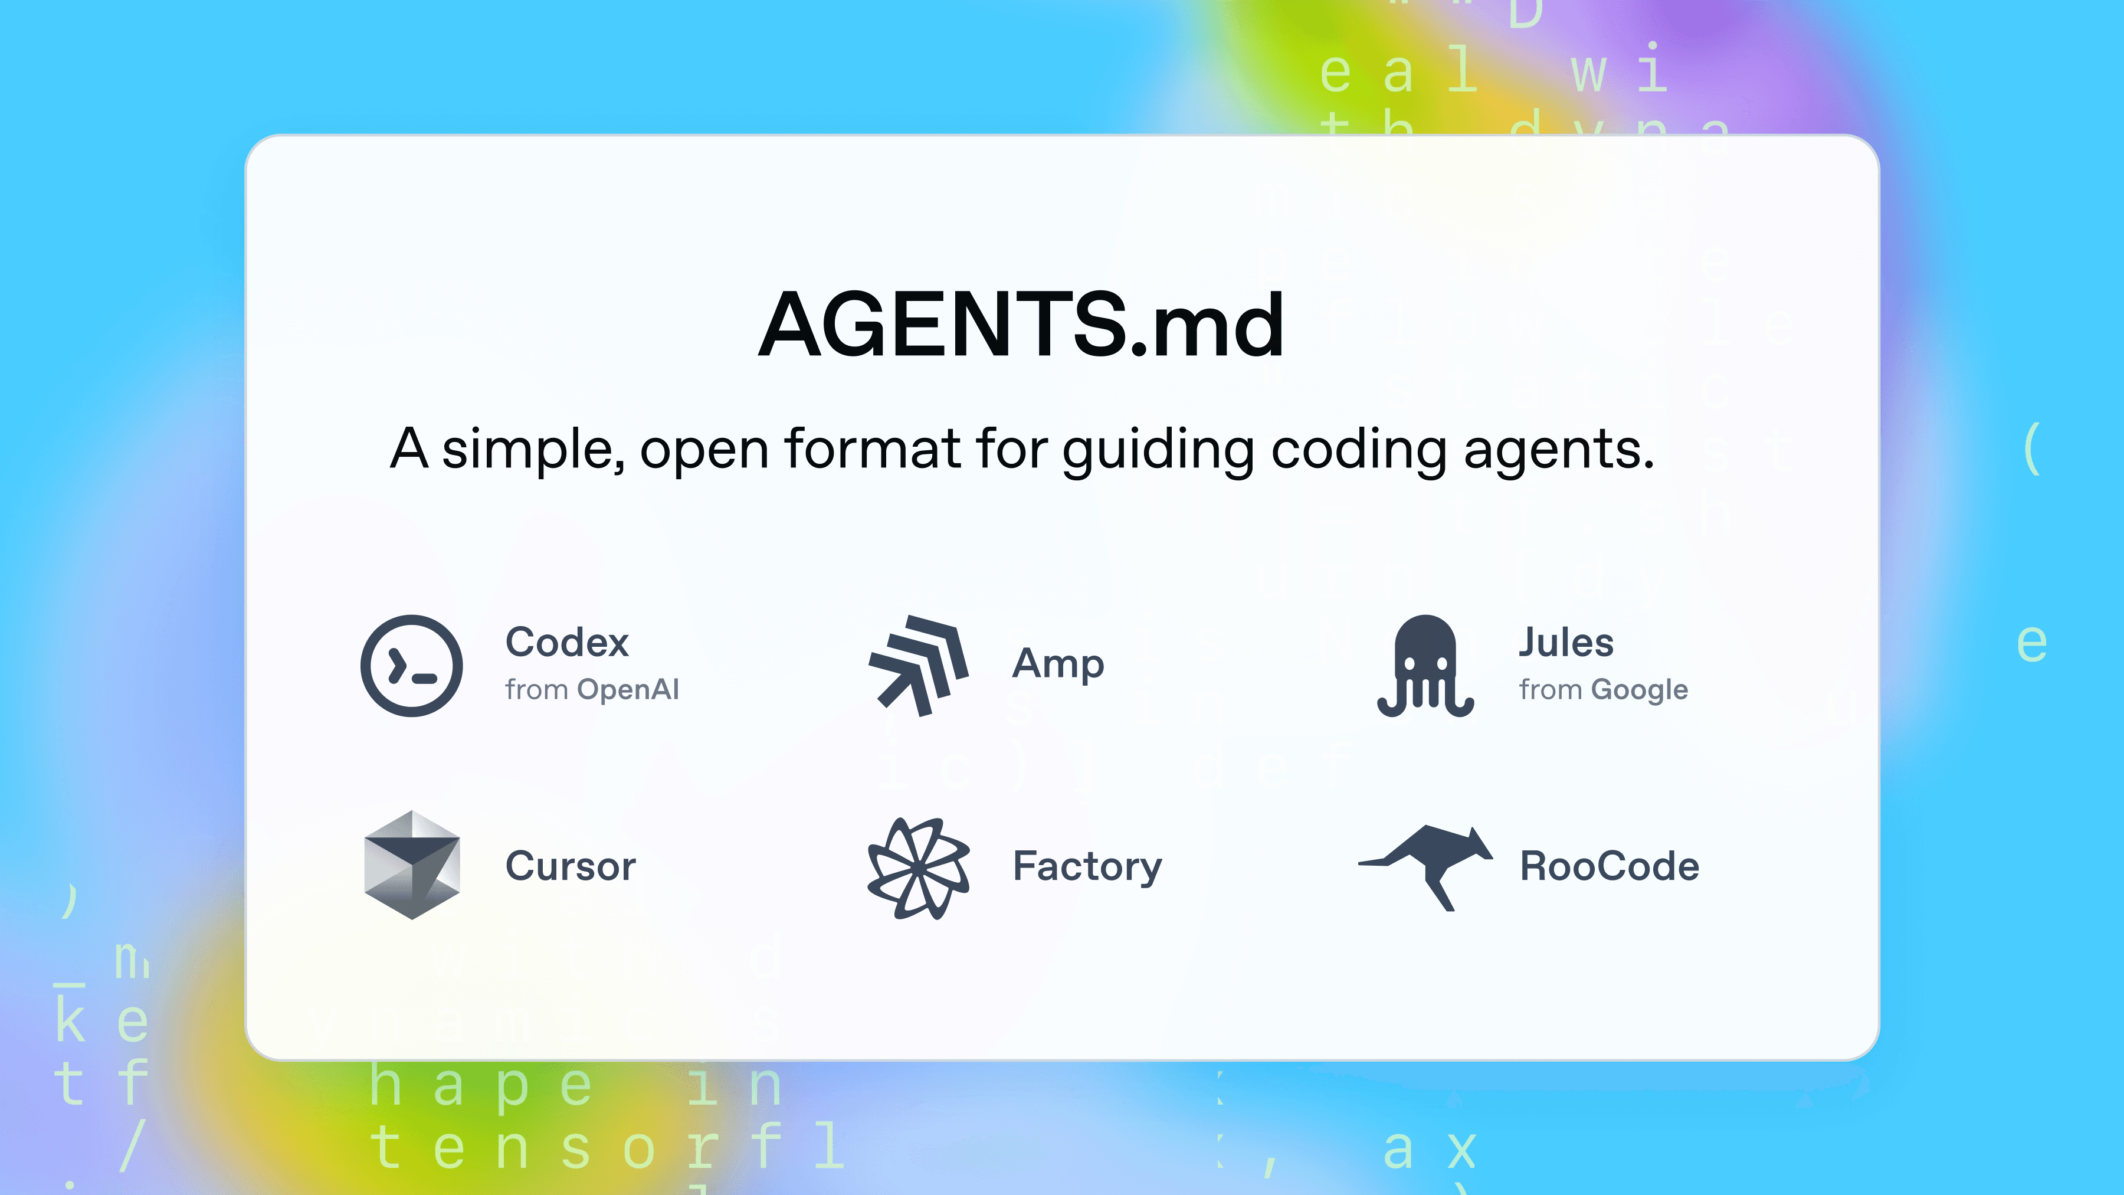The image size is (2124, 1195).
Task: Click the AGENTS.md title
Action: coord(1021,326)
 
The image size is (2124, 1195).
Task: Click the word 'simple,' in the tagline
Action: coord(532,450)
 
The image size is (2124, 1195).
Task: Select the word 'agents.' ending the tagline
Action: coord(1558,450)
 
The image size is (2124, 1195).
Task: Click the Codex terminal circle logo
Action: coord(411,666)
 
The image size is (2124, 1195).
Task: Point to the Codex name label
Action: coord(567,643)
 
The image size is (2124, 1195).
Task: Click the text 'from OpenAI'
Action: coord(592,689)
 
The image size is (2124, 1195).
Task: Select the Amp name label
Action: coord(1058,664)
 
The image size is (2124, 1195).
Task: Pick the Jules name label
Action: coord(1566,643)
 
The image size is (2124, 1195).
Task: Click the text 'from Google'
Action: coord(1604,689)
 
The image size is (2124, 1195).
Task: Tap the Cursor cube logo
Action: coord(411,865)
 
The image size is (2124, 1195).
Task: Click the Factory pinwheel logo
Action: coord(919,869)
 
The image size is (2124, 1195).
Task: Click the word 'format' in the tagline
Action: coord(873,450)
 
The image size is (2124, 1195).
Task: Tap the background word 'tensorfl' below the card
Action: coord(607,1147)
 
